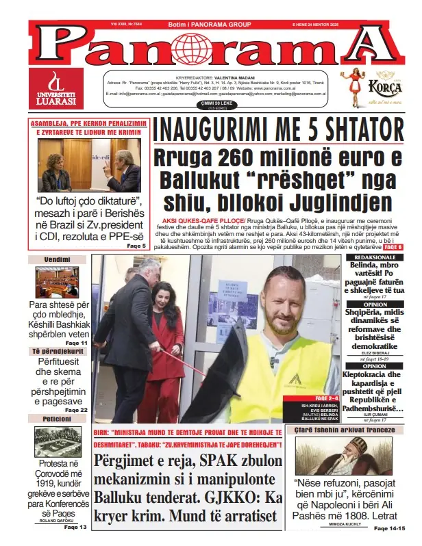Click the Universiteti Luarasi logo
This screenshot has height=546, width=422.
(56, 88)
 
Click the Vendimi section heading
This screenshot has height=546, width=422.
(57, 260)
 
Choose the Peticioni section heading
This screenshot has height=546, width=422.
(57, 418)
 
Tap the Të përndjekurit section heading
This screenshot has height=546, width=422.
(57, 351)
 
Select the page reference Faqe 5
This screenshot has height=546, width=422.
(136, 245)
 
